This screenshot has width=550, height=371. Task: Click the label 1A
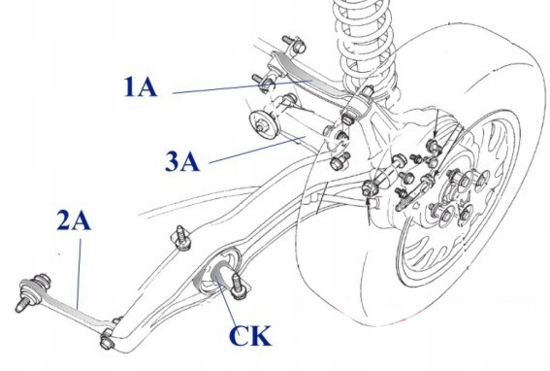[x=140, y=86]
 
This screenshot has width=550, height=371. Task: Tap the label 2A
[x=74, y=221]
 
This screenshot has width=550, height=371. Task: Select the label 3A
[x=182, y=161]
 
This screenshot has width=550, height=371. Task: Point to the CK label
[x=250, y=336]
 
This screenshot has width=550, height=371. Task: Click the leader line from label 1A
[x=243, y=87]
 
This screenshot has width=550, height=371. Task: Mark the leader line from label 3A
[x=256, y=150]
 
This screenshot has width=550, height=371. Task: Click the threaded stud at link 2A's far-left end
[x=21, y=305]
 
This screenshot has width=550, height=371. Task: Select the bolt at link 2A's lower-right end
[x=106, y=341]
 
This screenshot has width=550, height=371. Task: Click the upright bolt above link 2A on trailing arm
[x=182, y=238]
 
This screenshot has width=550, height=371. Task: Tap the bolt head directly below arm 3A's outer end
[x=338, y=161]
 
